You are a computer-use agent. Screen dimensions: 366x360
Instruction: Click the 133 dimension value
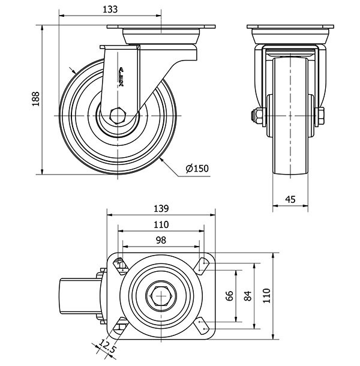pos(110,9)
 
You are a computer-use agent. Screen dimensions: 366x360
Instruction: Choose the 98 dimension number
pos(160,239)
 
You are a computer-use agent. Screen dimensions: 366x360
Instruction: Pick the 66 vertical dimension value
pos(229,296)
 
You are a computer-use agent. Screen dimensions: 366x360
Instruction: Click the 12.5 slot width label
pos(107,347)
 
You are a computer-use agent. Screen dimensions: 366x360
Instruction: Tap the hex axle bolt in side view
pos(118,115)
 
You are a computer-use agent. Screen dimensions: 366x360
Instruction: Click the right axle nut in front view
pos(321,115)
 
